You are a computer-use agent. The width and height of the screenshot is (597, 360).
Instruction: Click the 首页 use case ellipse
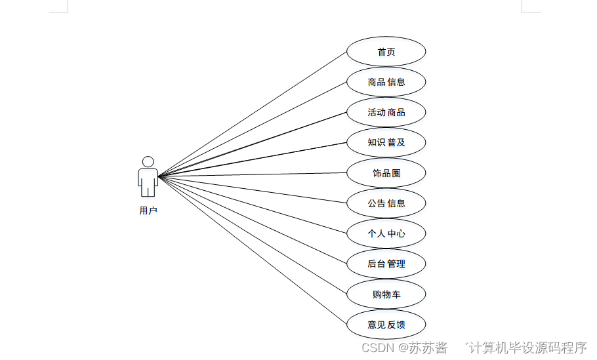386,52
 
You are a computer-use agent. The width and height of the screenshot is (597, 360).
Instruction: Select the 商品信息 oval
386,82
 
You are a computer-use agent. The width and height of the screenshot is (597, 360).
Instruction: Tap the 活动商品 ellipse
386,112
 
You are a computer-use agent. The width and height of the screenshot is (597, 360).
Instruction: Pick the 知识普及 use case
386,142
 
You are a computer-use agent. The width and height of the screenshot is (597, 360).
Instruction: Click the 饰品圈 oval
386,173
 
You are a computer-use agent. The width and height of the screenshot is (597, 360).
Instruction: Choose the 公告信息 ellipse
386,203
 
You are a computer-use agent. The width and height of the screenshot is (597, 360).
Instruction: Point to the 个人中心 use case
386,233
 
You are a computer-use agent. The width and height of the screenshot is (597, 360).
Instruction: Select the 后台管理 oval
386,264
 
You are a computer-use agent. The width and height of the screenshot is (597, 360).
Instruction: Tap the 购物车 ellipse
386,294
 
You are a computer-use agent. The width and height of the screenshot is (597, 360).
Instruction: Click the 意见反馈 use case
386,325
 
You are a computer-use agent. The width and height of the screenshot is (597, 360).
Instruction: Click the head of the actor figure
148,161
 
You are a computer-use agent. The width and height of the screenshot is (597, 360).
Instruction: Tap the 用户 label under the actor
148,210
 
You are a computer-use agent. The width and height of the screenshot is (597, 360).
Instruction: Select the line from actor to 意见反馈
253,250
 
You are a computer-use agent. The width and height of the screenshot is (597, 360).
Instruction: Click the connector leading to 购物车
253,235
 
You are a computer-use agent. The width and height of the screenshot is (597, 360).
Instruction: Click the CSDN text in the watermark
377,348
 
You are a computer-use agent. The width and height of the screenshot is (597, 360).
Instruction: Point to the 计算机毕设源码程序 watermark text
527,348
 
